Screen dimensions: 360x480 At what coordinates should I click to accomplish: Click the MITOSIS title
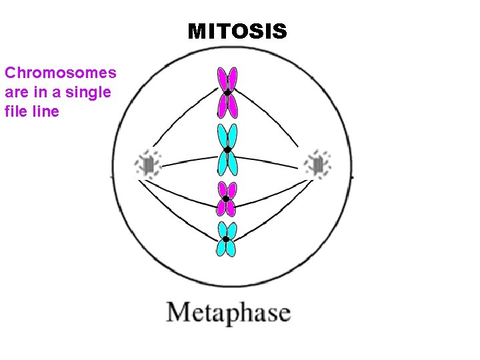pos(237,31)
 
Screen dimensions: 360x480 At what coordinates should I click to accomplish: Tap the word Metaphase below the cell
pos(228,313)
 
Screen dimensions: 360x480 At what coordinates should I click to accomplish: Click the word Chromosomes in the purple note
pos(61,73)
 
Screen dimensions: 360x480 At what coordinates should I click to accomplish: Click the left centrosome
pos(147,164)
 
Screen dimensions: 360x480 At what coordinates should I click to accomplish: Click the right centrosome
pos(317,163)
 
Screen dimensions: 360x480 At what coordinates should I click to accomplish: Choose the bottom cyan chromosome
pos(227,239)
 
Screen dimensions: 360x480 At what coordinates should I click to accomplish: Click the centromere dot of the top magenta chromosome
pos(227,93)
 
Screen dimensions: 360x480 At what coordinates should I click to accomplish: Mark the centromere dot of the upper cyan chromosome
pos(227,150)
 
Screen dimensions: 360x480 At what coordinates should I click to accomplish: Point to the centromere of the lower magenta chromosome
pos(227,199)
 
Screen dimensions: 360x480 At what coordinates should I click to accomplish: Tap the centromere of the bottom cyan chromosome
pos(227,239)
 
